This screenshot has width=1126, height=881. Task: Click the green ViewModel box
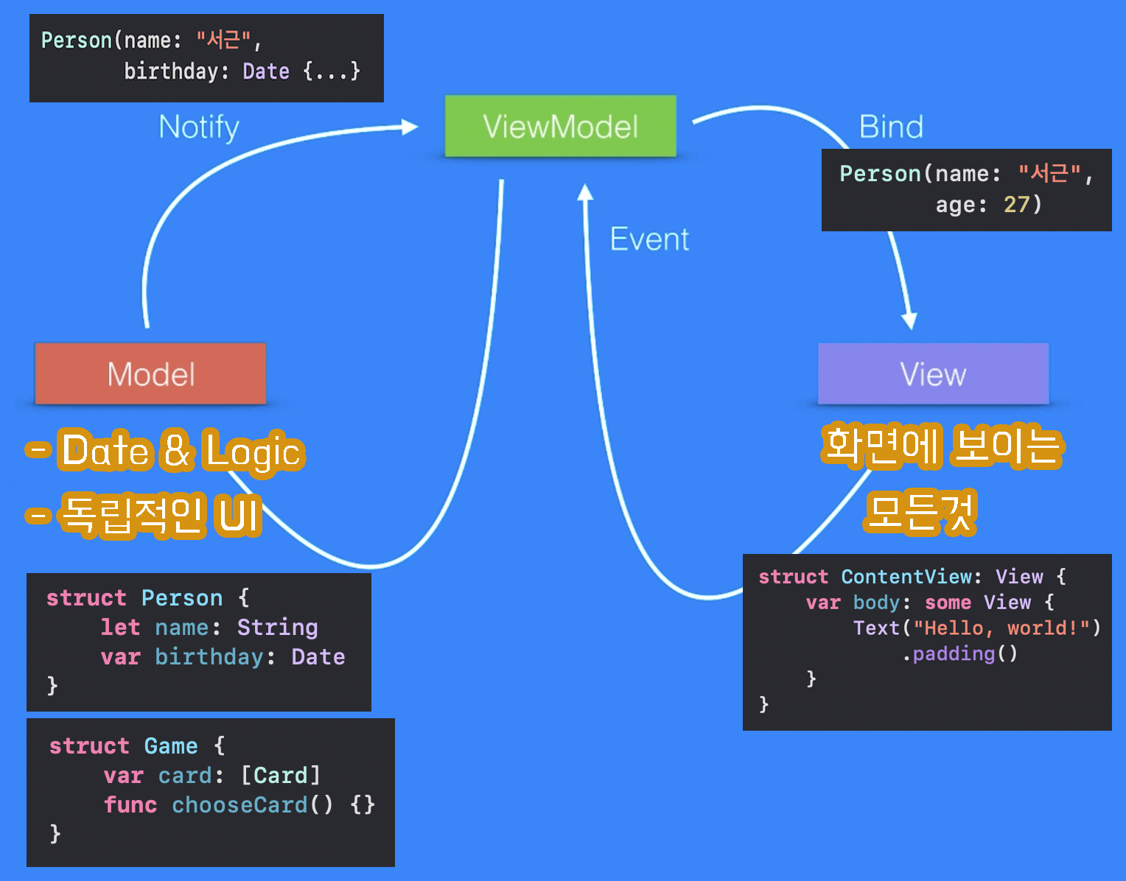coord(560,126)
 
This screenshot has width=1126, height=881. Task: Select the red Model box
coord(150,374)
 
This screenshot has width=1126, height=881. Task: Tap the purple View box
coord(933,374)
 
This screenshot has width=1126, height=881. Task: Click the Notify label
coord(199,127)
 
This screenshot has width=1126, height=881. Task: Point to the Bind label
coord(891,127)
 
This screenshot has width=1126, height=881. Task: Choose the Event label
coord(649,239)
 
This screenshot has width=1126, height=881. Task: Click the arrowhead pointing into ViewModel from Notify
coord(410,127)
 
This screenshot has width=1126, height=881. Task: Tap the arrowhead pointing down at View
coord(909,320)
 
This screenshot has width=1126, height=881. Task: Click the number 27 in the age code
coord(1016,204)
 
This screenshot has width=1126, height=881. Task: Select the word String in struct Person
coord(277,628)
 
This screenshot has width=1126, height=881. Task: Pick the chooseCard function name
coord(239,805)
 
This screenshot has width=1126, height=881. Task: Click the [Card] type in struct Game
coord(281,776)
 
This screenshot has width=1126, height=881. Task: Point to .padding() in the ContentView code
coord(960,653)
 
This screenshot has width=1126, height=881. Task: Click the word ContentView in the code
coord(907,577)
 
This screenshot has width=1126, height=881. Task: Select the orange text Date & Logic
coord(181,451)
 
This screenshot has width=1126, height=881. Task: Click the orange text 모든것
coord(920,511)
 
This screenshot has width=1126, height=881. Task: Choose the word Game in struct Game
coord(171,746)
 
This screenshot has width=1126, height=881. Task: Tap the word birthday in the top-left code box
coord(172,71)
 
